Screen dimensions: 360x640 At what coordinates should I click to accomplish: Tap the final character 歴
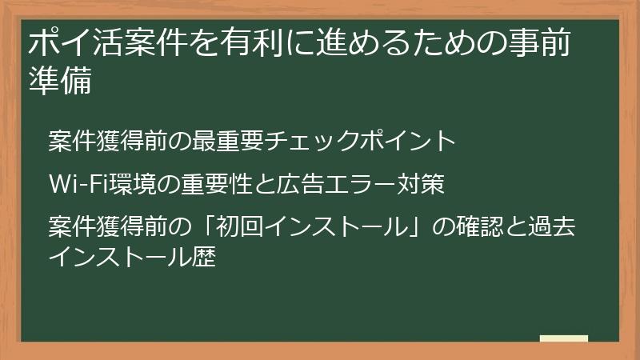(206, 258)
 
